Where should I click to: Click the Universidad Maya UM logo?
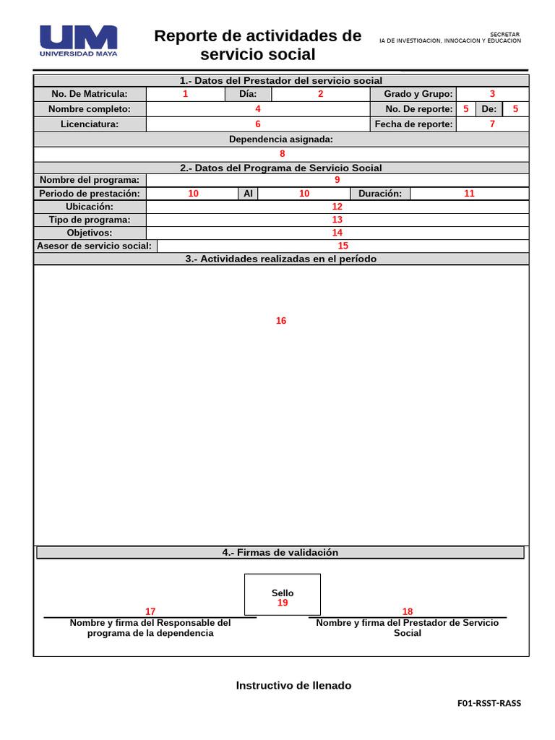click(x=78, y=40)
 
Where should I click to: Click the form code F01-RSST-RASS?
click(x=489, y=702)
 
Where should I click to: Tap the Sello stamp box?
click(x=283, y=594)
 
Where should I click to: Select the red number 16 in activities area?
click(x=281, y=321)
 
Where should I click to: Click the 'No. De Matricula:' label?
click(x=90, y=94)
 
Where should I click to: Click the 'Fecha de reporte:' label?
click(x=414, y=124)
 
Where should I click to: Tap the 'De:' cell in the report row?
click(x=489, y=109)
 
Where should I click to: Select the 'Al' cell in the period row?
click(x=248, y=194)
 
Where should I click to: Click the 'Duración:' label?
click(x=380, y=194)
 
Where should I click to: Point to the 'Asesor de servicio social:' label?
click(x=95, y=246)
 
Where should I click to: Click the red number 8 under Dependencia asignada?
click(x=283, y=153)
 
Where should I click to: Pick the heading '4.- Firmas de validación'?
click(x=280, y=552)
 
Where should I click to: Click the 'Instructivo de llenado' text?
click(x=293, y=685)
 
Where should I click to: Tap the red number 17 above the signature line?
click(x=150, y=611)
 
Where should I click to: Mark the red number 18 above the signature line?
click(x=408, y=611)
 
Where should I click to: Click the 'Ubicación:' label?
click(x=90, y=207)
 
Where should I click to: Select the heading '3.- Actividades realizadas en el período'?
click(x=280, y=259)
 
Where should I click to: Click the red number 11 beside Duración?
click(x=469, y=194)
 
